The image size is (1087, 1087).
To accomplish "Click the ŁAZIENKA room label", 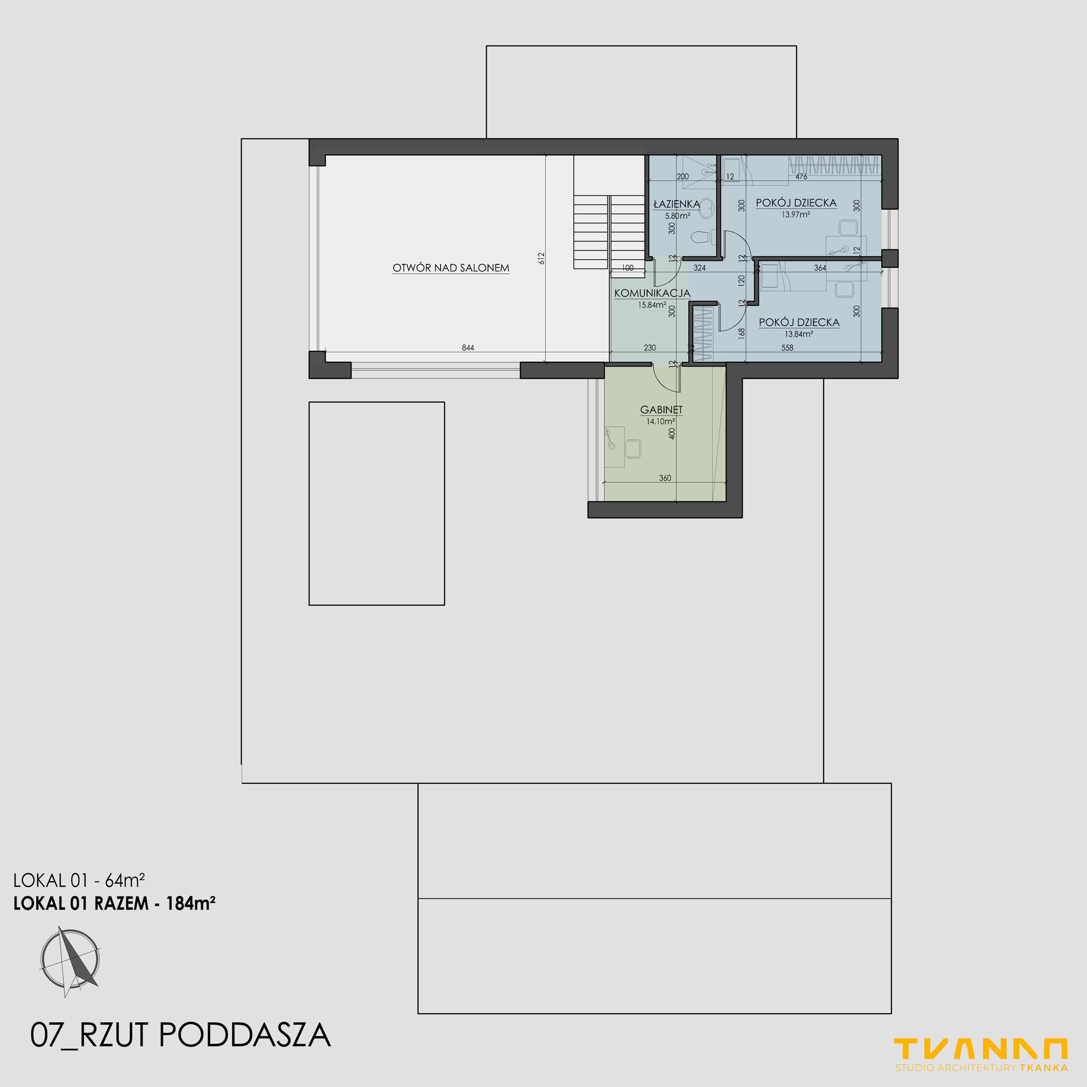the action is pos(677,204).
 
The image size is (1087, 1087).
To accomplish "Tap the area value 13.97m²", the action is pos(795,214).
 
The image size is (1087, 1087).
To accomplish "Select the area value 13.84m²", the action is pos(799,334).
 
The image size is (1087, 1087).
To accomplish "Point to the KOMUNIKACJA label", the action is pos(652,293).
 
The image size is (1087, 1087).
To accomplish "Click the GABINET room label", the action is pos(661,410).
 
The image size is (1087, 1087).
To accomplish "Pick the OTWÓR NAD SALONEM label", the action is pos(451,268).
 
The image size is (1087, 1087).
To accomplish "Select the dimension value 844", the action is pos(468,348).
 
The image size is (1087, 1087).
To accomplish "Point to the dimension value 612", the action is pos(541,258).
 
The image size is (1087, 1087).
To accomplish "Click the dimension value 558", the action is pos(787,348).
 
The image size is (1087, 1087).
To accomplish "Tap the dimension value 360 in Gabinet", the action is pos(665,478).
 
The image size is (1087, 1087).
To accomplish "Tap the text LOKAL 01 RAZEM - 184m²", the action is pos(115,903).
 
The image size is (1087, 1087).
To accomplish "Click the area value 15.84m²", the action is pos(652,305).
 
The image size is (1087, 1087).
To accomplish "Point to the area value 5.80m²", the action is pos(677,215).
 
